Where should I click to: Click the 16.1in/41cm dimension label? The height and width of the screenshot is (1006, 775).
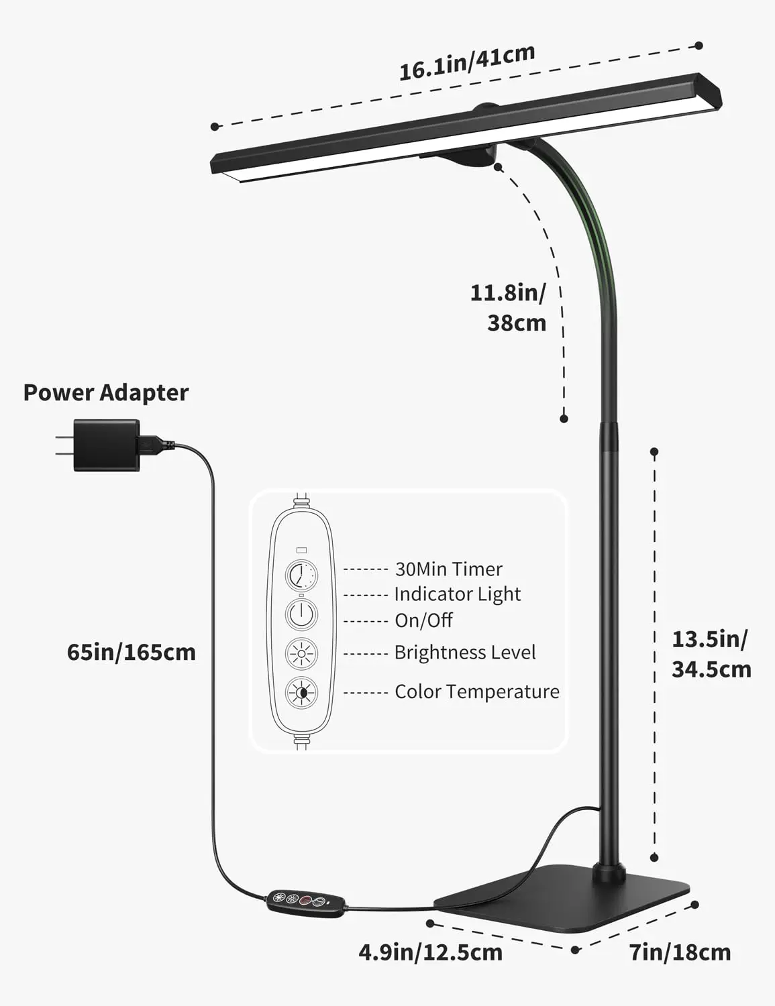(x=467, y=62)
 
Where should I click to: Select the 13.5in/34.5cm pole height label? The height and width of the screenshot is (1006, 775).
(x=711, y=654)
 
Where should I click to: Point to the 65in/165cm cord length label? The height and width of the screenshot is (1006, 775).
(x=132, y=652)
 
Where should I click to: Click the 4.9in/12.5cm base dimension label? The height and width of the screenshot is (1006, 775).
(x=430, y=952)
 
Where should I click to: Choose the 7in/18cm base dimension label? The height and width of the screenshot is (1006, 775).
(x=680, y=952)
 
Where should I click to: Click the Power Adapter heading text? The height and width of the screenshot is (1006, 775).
(x=106, y=392)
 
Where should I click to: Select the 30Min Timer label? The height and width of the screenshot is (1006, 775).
(x=448, y=569)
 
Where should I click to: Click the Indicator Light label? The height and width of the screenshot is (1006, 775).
(x=457, y=594)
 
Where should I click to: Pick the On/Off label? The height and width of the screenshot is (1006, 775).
(x=423, y=620)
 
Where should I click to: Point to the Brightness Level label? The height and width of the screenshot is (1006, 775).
(x=464, y=653)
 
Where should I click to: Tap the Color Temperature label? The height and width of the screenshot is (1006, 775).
(x=476, y=691)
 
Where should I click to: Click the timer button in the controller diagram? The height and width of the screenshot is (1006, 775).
(x=302, y=575)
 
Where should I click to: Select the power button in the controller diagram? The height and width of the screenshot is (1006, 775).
(x=302, y=614)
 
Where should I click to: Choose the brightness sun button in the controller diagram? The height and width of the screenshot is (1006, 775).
(x=302, y=653)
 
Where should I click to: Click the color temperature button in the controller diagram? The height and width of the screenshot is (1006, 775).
(x=302, y=693)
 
